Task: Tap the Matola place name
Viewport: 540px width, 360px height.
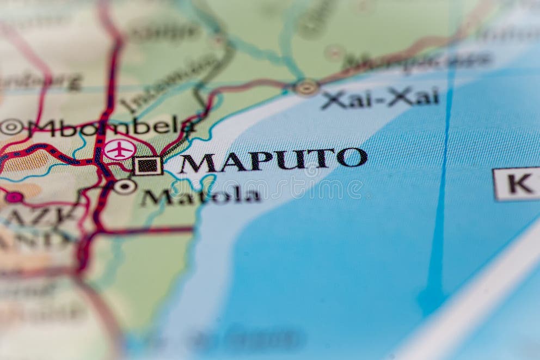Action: tap(200, 196)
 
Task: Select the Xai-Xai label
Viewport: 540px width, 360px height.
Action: tap(380, 98)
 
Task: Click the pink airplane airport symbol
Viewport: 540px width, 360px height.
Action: tap(120, 150)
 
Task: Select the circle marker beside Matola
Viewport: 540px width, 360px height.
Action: tap(125, 187)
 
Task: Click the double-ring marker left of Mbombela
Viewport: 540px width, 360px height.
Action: tap(11, 127)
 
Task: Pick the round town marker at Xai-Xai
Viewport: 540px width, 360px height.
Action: tap(306, 87)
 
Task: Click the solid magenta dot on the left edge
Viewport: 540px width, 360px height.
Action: tap(14, 197)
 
